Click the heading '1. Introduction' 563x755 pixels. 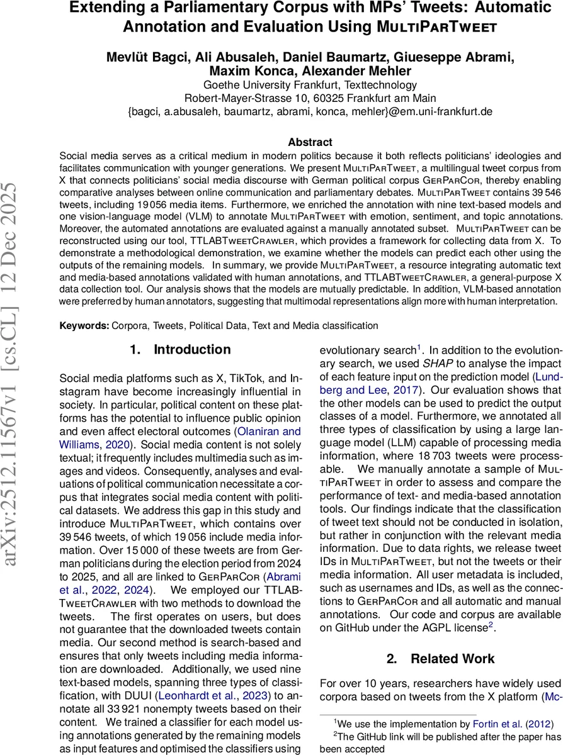[180, 349]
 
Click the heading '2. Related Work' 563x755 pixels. [440, 659]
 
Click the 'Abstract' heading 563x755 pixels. [310, 143]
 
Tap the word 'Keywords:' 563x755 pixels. [84, 326]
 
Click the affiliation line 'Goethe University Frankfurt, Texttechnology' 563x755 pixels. [310, 85]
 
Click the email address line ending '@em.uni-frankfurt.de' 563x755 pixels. [310, 111]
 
